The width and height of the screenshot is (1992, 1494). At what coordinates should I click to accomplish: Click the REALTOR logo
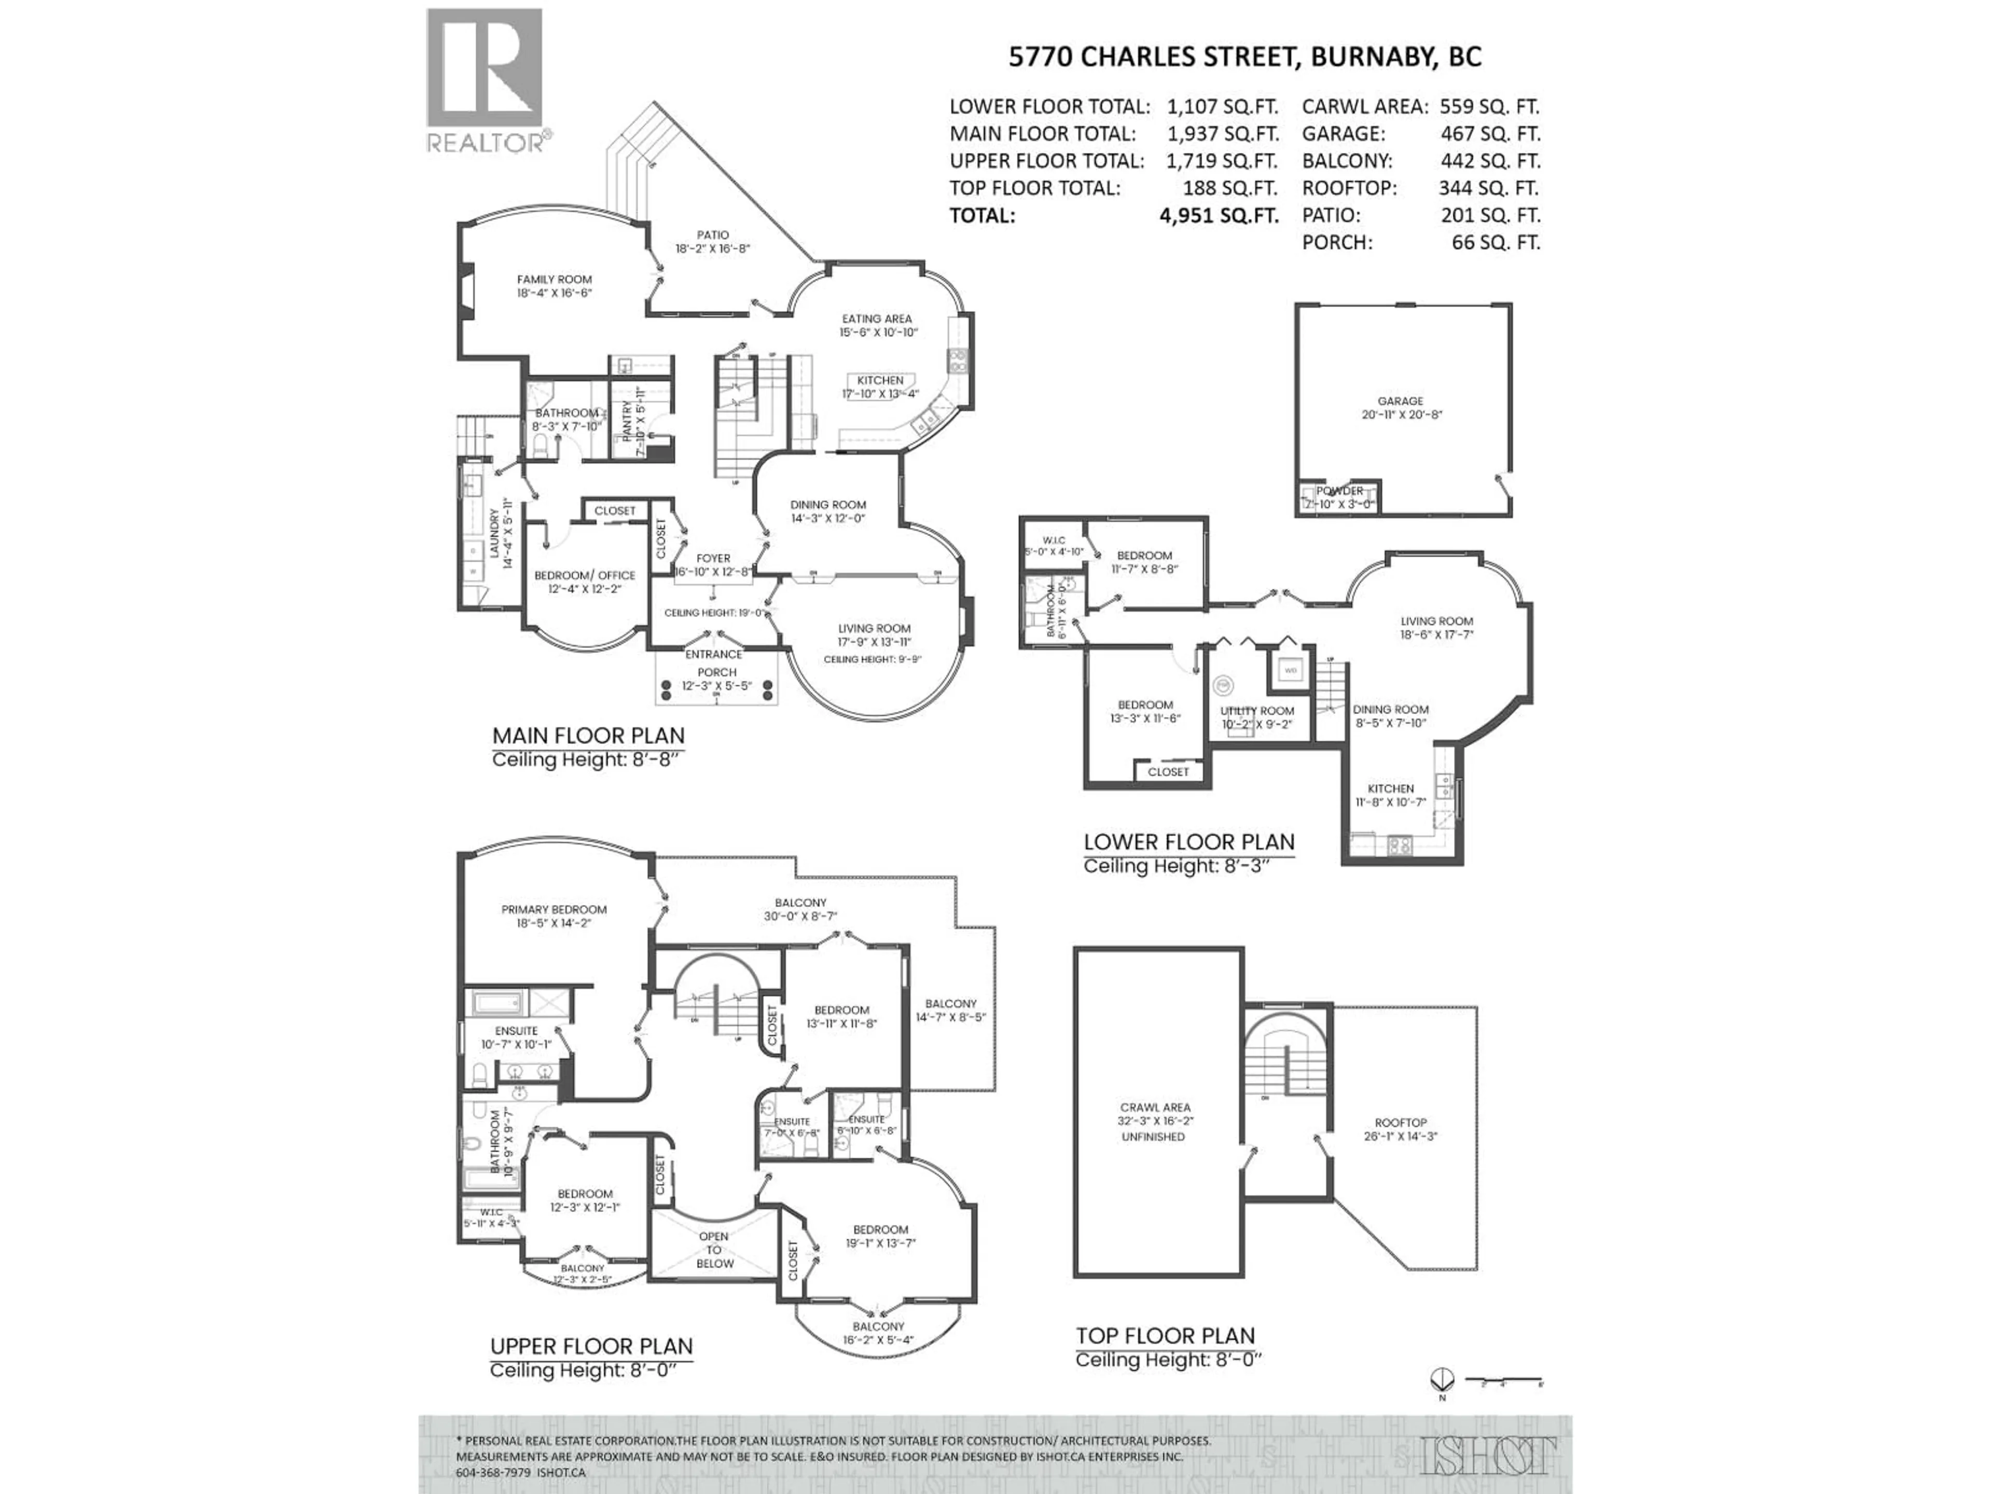pyautogui.click(x=486, y=81)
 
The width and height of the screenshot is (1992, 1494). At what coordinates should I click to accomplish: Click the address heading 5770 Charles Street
pyautogui.click(x=1244, y=56)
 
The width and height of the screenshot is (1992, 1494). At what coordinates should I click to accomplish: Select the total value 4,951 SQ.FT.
pyautogui.click(x=1219, y=215)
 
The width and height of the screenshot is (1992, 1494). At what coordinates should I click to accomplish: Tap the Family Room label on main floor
pyautogui.click(x=554, y=285)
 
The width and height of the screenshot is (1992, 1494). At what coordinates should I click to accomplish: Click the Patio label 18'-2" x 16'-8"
pyautogui.click(x=712, y=241)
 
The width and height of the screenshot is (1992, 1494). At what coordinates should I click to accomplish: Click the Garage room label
pyautogui.click(x=1400, y=407)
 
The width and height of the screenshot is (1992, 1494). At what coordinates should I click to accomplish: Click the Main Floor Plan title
pyautogui.click(x=588, y=735)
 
